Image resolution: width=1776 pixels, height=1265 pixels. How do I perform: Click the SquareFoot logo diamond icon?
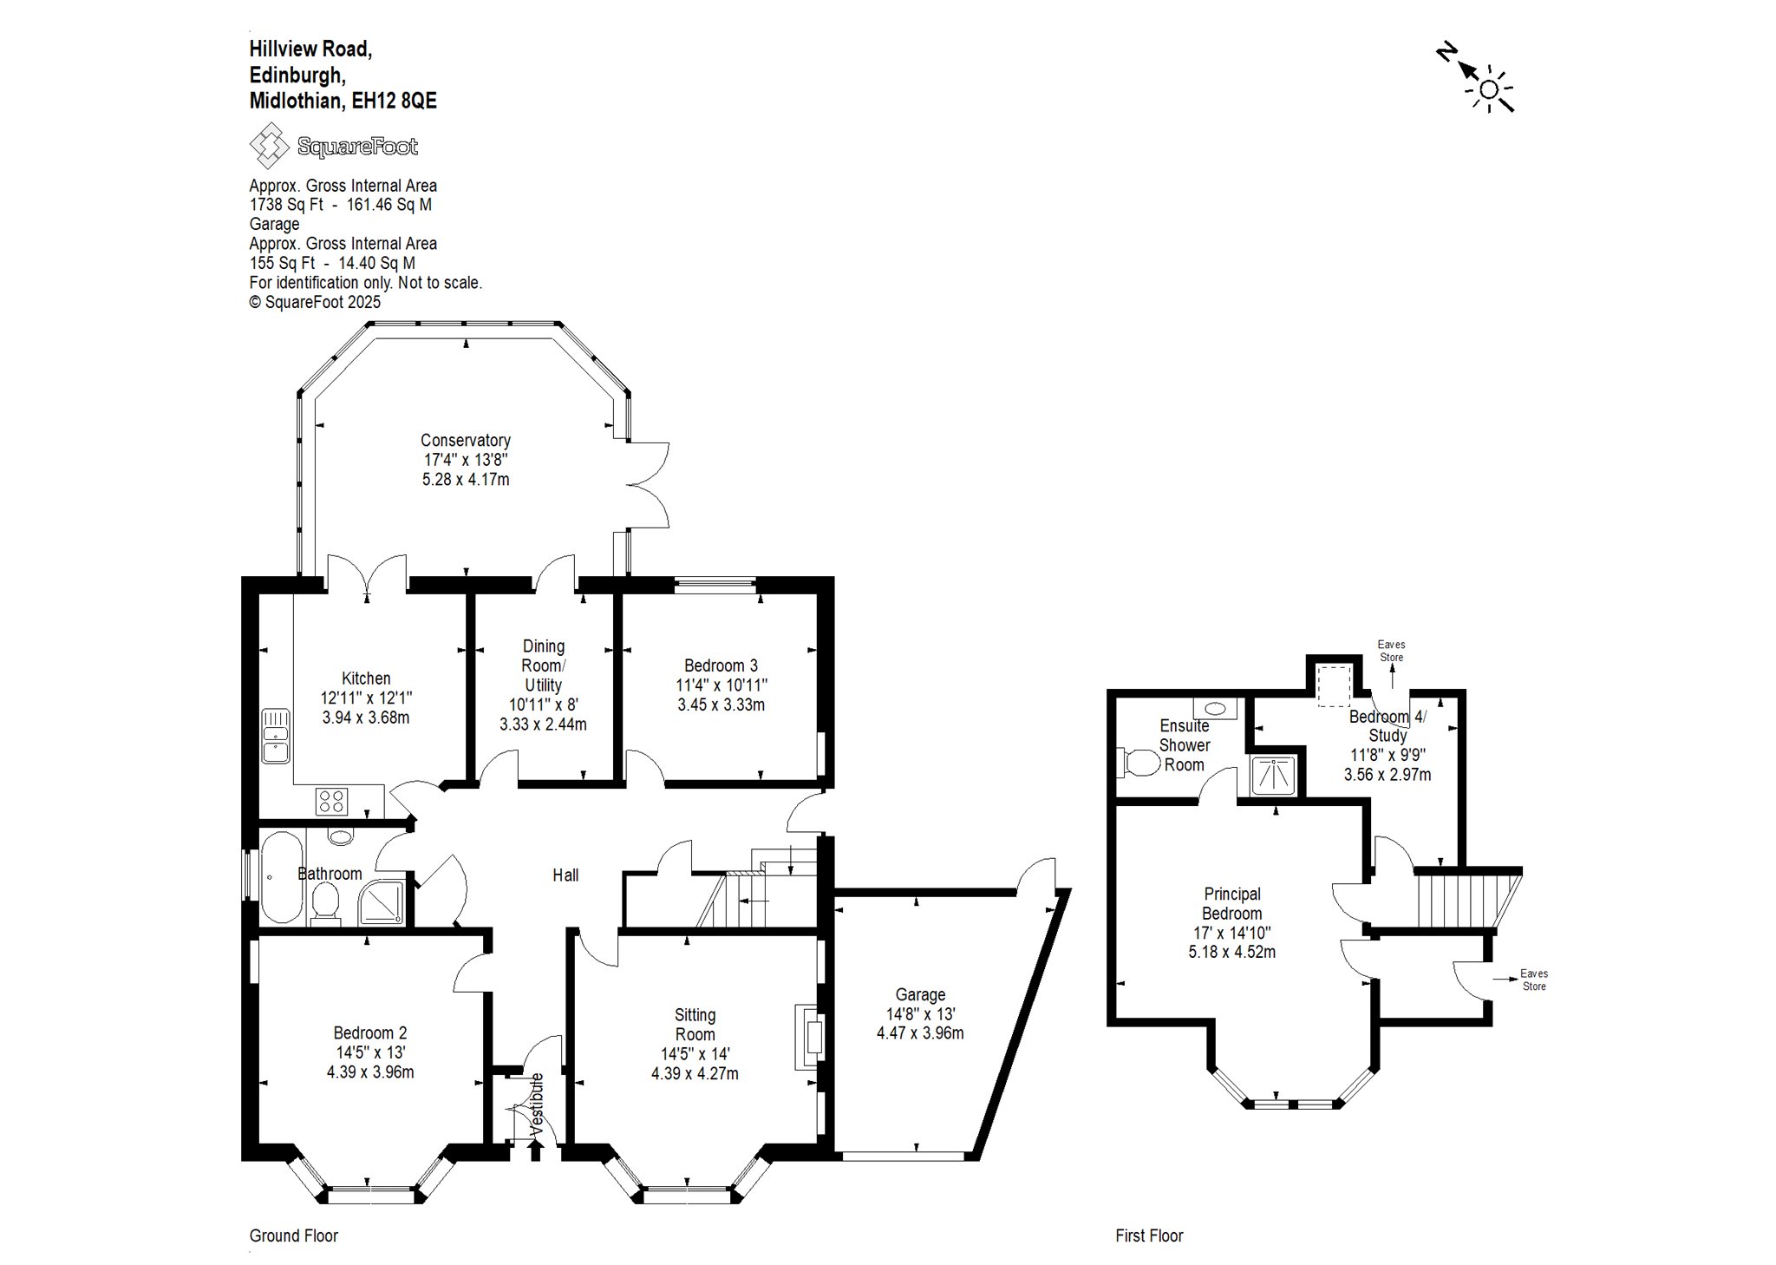269,146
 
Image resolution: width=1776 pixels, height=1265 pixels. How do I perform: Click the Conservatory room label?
466,441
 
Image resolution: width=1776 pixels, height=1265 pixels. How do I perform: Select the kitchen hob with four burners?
331,800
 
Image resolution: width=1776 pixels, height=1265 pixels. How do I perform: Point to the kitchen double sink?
276,737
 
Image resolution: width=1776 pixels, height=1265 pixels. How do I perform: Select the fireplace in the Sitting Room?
808,1037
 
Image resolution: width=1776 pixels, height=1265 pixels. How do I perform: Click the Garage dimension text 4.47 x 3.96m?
920,1033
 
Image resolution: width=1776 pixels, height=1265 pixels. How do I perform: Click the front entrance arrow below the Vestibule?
536,1149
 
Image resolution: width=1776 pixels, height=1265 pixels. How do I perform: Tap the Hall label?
565,875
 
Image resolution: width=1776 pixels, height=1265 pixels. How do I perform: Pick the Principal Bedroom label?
1232,903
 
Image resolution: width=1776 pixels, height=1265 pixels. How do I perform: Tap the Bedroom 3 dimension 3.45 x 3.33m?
721,705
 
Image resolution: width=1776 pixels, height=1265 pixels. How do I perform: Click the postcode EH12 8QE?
394,101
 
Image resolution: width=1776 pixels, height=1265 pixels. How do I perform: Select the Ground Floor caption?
293,1236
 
